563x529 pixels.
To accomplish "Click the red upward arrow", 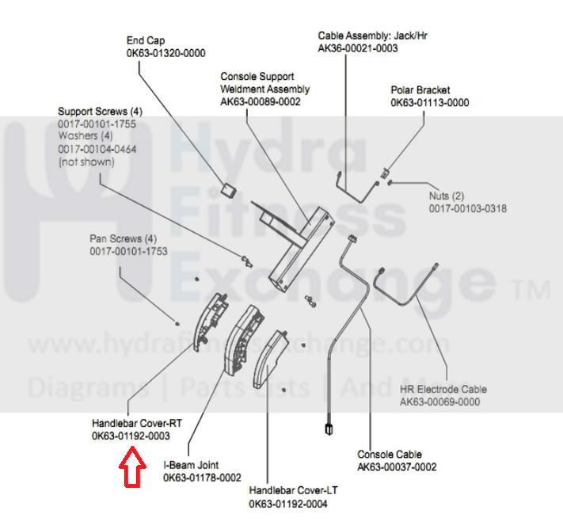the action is point(132,466).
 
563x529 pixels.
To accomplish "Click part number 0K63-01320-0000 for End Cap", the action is point(165,53).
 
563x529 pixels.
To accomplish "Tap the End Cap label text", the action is point(146,40).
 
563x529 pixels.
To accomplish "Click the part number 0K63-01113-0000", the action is point(429,103).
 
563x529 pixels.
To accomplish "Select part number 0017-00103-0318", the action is point(468,209).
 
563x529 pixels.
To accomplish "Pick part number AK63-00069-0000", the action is point(440,402).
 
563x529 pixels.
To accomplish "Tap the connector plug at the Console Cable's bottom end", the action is point(326,431).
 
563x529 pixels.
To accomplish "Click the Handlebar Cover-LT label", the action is point(290,491).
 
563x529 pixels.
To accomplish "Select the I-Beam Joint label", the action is point(191,465).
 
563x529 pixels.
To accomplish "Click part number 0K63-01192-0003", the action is point(131,436).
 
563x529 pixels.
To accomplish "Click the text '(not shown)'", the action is point(86,162).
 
